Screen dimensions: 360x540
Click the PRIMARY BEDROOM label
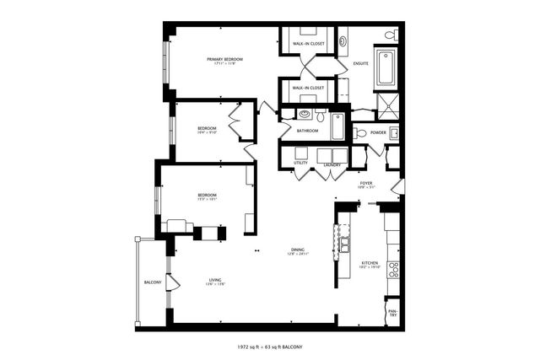(226, 58)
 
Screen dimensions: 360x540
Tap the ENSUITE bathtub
(386, 68)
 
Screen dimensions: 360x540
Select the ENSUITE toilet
(390, 35)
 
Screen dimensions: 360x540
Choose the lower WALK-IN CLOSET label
(308, 87)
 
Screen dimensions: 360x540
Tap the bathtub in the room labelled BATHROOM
(337, 126)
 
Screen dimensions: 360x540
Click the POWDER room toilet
(359, 132)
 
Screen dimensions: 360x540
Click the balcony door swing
(172, 282)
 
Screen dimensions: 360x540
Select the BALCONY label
(152, 282)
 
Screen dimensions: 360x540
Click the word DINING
(298, 249)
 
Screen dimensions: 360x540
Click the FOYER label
(366, 183)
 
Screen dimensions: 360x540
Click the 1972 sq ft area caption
(270, 347)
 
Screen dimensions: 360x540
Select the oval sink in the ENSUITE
(343, 40)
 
